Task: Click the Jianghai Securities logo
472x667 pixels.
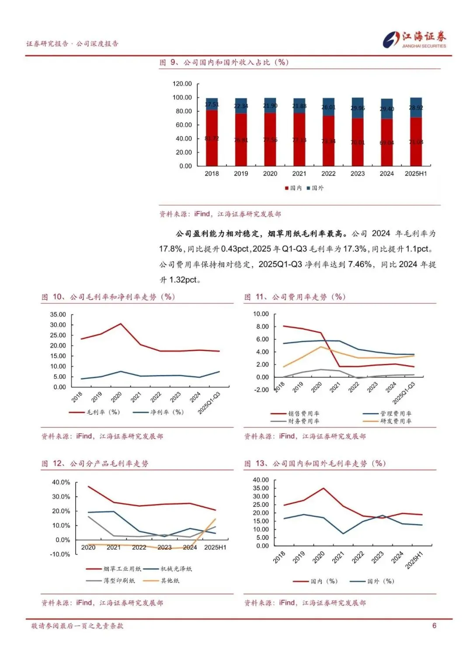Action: coord(414,39)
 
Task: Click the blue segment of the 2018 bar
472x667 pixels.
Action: coord(212,104)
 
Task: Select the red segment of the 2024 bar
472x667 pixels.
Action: coord(387,142)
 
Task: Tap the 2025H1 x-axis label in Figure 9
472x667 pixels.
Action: coord(416,173)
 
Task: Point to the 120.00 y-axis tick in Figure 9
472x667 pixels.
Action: coord(182,83)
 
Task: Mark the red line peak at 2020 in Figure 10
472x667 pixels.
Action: coord(121,324)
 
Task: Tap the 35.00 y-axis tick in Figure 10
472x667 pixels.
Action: coord(58,314)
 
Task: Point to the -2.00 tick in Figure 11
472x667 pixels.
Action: coord(261,390)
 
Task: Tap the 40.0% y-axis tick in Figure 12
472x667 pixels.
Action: coord(61,482)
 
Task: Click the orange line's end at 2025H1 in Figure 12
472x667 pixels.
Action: coord(215,519)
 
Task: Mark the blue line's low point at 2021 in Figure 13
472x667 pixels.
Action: coord(343,533)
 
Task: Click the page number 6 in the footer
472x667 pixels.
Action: coord(434,626)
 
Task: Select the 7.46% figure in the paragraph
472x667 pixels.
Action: coord(360,264)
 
